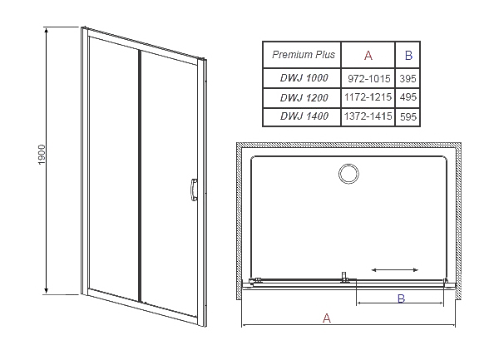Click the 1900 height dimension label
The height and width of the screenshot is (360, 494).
coord(42,155)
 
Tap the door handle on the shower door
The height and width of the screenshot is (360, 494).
coord(194,190)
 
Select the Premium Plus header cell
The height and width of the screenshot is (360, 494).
coord(303,55)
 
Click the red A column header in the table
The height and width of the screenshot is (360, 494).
coord(368,56)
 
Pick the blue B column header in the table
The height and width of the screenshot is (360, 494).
coord(408,56)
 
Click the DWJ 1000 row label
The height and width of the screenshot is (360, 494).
coord(304,78)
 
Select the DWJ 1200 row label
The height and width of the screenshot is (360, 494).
coord(304,97)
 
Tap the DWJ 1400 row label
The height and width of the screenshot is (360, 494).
coord(304,116)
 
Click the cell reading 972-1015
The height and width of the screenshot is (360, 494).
coord(369,78)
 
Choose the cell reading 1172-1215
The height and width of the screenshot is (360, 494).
coord(368,97)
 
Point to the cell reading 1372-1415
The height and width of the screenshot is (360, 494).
coord(368,116)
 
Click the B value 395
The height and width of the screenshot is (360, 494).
coord(408,78)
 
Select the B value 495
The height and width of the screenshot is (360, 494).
coord(408,97)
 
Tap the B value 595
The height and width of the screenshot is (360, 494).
coord(408,117)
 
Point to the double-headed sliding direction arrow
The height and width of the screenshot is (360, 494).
coord(395,270)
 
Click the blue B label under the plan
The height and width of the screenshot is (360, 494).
coord(401,298)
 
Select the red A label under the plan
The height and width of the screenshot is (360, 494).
coord(327,318)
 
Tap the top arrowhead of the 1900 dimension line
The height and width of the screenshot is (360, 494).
coord(47,31)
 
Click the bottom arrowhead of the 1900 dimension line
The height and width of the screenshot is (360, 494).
coord(47,290)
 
